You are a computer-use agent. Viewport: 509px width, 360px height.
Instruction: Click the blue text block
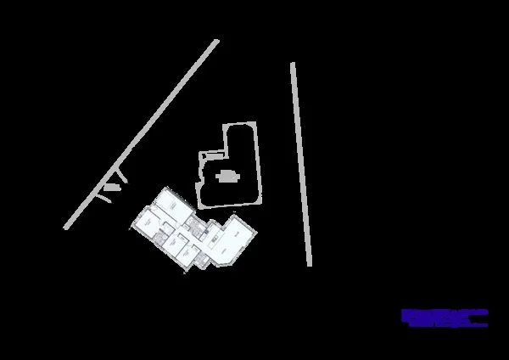coord(445,318)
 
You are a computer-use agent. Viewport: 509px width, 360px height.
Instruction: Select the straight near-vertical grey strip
coord(300,161)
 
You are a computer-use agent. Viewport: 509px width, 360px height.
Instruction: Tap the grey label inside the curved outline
coord(227,177)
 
